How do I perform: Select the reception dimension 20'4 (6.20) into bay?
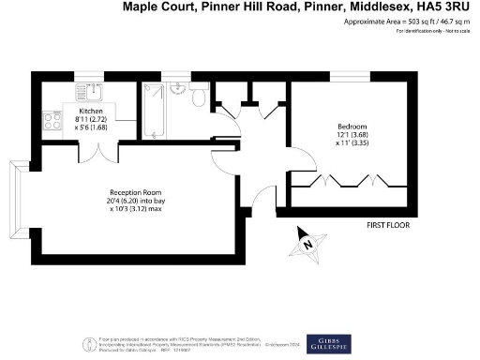(131, 197)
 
